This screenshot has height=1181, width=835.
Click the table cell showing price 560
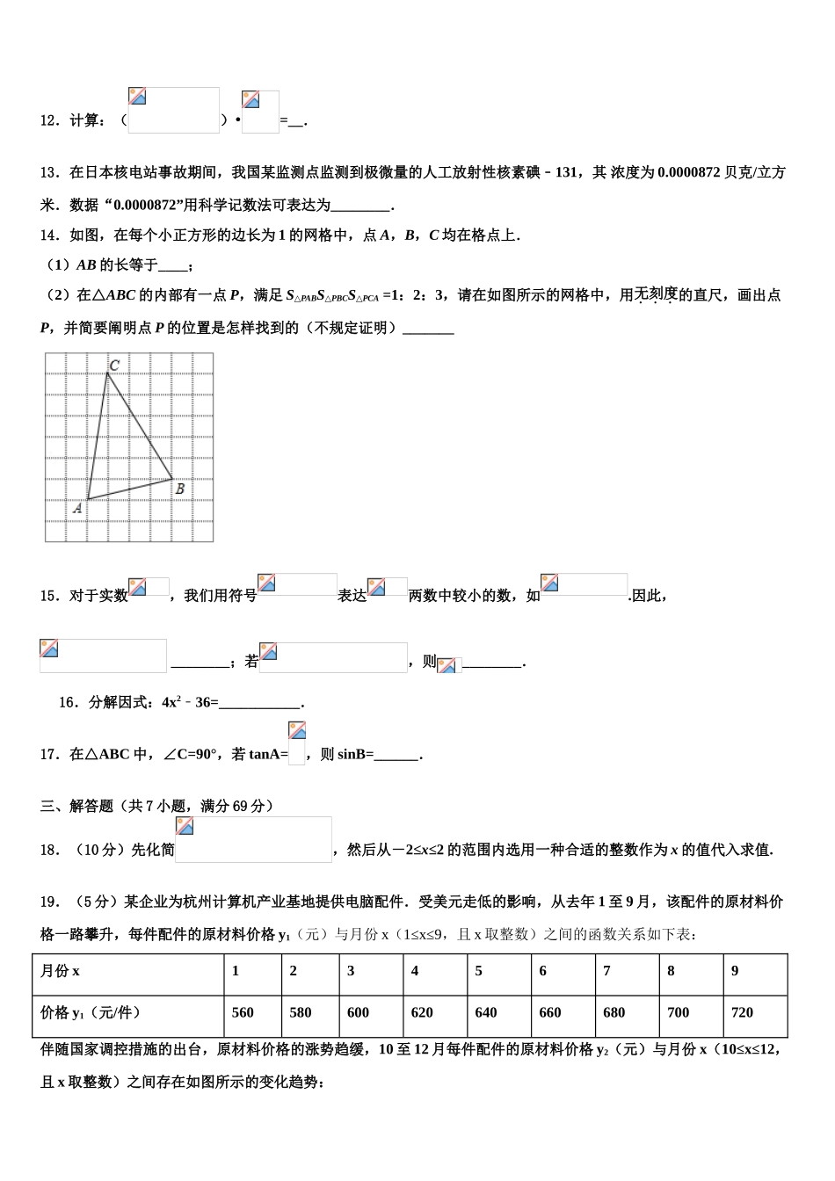243,1012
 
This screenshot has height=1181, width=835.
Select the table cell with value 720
742,1012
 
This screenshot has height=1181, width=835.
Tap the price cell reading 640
486,1012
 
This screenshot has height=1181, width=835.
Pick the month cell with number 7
607,971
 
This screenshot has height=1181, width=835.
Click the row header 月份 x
60,971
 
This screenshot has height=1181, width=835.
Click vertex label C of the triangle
114,365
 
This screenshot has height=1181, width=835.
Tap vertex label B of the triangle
179,489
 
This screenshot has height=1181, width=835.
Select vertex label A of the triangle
77,507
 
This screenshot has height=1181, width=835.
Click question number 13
49,172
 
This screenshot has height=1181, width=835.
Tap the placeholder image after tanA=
296,743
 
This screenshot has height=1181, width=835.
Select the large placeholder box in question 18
253,839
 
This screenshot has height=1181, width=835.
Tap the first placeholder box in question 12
173,111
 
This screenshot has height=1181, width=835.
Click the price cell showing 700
679,1012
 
